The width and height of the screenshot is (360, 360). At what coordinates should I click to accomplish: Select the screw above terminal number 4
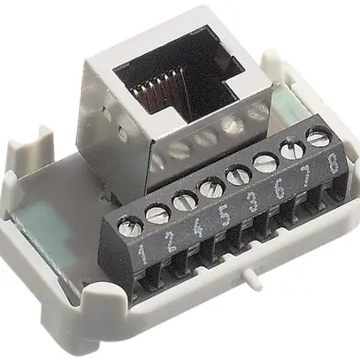pyautogui.click(x=184, y=201)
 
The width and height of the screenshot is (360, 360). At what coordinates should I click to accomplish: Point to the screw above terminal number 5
pyautogui.click(x=211, y=188)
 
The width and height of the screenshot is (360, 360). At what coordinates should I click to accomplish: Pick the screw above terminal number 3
pyautogui.click(x=237, y=176)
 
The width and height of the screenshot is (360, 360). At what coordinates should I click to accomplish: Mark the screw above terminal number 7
pyautogui.click(x=291, y=149)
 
